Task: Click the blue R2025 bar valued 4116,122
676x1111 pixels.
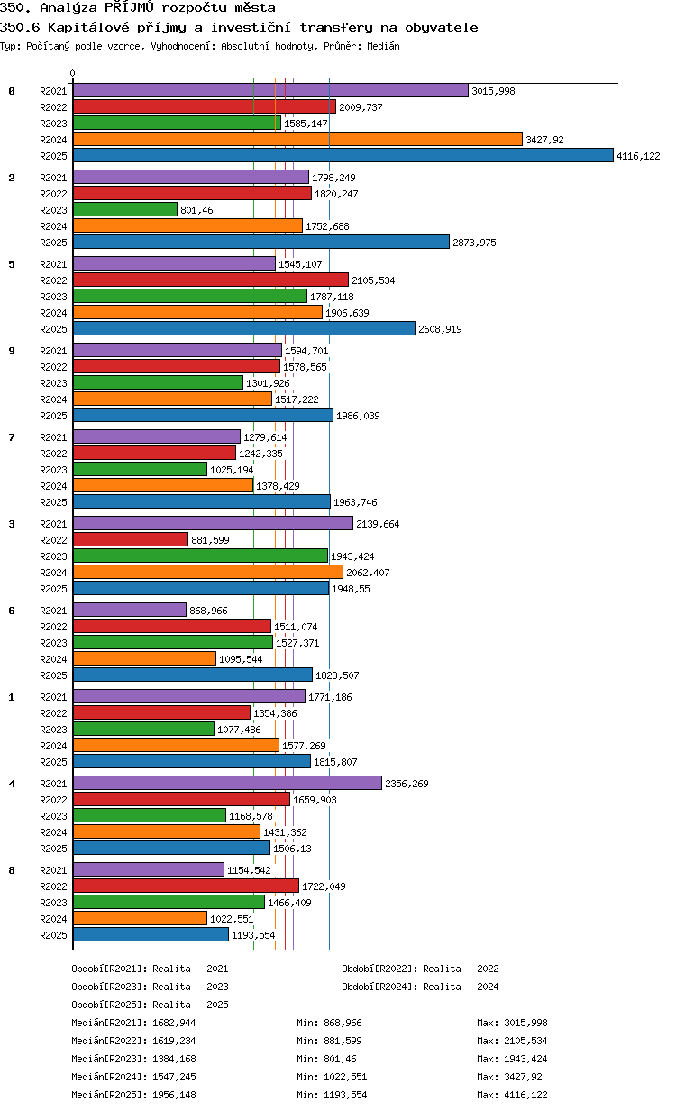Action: click(343, 156)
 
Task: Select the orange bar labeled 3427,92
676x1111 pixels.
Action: click(297, 140)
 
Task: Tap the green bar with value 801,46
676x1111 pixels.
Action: click(125, 210)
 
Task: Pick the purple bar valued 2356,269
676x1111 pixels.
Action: click(227, 783)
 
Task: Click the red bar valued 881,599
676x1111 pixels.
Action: click(131, 539)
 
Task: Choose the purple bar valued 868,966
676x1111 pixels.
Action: click(130, 610)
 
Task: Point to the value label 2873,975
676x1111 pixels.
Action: click(474, 243)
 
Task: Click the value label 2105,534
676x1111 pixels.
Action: click(373, 280)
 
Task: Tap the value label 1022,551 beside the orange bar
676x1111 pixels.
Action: click(232, 919)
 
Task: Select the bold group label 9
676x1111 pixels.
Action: click(12, 351)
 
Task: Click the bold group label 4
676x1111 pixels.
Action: click(12, 784)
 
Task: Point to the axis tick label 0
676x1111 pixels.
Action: click(73, 73)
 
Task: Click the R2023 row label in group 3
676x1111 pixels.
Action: click(53, 556)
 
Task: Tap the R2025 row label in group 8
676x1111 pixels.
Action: click(53, 935)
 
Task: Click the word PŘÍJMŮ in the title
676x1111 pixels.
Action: click(129, 7)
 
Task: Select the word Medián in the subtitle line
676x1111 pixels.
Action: click(383, 47)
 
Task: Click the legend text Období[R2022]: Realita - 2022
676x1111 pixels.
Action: click(420, 969)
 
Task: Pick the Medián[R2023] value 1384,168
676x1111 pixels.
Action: click(174, 1059)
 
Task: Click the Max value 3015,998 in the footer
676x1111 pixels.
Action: click(525, 1023)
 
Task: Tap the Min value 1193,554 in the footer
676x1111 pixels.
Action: click(345, 1095)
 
